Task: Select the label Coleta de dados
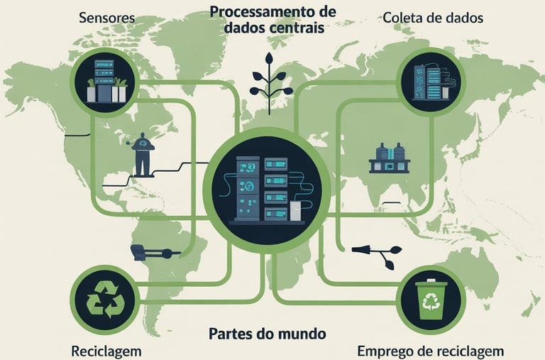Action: (x=432, y=17)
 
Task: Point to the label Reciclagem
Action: (x=106, y=351)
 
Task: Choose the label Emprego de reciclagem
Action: (x=430, y=351)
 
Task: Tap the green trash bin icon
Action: (x=431, y=300)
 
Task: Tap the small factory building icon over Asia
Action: (x=390, y=158)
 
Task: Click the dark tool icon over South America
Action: (x=151, y=251)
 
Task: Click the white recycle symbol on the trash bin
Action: (x=431, y=304)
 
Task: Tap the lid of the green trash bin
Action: (x=431, y=284)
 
